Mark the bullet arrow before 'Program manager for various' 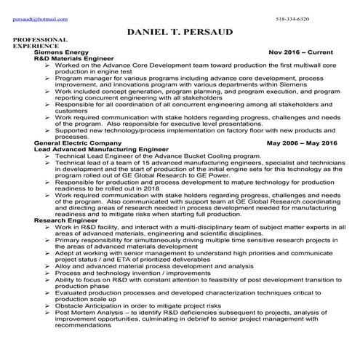coord(47,77)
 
